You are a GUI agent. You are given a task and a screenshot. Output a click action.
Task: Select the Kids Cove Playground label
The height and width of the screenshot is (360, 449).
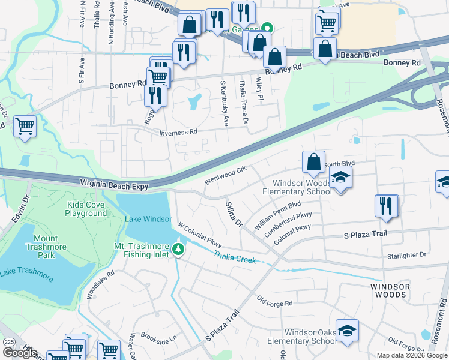pyautogui.click(x=86, y=209)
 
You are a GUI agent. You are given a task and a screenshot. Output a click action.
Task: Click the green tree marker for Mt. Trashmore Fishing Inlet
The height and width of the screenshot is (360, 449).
pyautogui.click(x=178, y=248)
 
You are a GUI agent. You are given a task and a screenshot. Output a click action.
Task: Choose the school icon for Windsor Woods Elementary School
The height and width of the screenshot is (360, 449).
pyautogui.click(x=340, y=178)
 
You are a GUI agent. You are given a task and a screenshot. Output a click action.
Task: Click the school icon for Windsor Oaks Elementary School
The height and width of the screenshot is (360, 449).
pyautogui.click(x=347, y=331)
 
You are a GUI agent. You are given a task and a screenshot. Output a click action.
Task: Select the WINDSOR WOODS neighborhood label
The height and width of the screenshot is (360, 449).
pyautogui.click(x=390, y=291)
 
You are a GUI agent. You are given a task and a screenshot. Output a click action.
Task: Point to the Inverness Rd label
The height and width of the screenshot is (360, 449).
pyautogui.click(x=178, y=133)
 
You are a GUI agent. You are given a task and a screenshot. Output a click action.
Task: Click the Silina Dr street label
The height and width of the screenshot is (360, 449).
pyautogui.click(x=233, y=214)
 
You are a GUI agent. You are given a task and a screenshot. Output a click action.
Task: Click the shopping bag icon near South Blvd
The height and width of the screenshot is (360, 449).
pyautogui.click(x=313, y=161)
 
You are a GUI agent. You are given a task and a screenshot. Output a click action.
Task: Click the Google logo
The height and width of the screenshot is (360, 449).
pyautogui.click(x=20, y=353)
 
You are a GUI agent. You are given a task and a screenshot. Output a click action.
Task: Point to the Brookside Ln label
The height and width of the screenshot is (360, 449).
pyautogui.click(x=158, y=337)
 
